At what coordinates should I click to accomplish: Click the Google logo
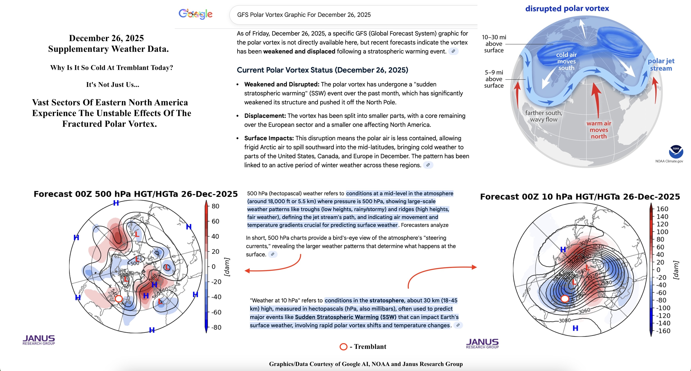196,14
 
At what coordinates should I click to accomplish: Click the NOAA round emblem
676,152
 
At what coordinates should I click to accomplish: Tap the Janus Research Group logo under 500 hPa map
39,340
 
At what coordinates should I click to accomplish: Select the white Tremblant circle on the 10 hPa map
565,299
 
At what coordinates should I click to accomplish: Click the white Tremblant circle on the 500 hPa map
119,299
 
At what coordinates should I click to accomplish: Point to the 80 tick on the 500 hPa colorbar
215,206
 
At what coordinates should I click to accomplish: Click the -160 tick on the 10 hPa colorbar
663,331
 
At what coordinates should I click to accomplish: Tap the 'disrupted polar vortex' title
567,8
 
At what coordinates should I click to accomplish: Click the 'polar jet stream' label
661,65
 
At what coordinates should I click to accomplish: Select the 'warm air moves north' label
598,130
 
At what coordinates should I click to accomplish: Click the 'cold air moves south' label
566,61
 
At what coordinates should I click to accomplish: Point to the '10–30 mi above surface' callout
494,44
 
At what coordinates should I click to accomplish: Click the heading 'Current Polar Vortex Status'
322,70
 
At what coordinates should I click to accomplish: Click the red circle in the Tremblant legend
343,347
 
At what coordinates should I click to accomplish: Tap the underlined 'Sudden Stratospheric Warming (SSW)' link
345,317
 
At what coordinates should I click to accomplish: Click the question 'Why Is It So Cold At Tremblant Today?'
112,68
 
